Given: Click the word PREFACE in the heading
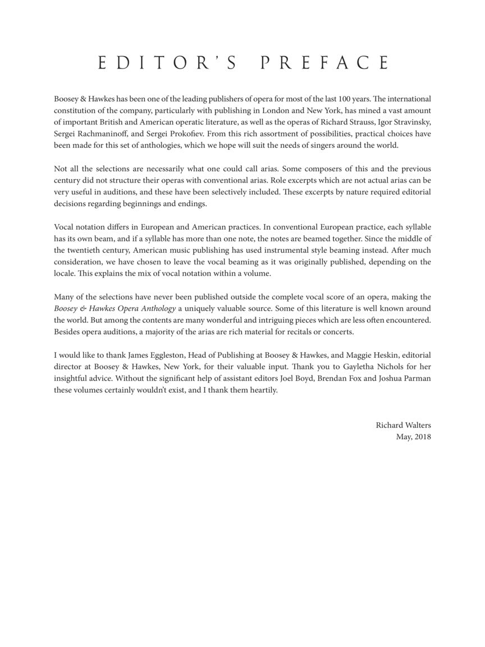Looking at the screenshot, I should (324, 63).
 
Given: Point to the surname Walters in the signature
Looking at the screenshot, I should (417, 425).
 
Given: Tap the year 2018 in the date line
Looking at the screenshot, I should (422, 437).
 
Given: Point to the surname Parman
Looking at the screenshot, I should (417, 379).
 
